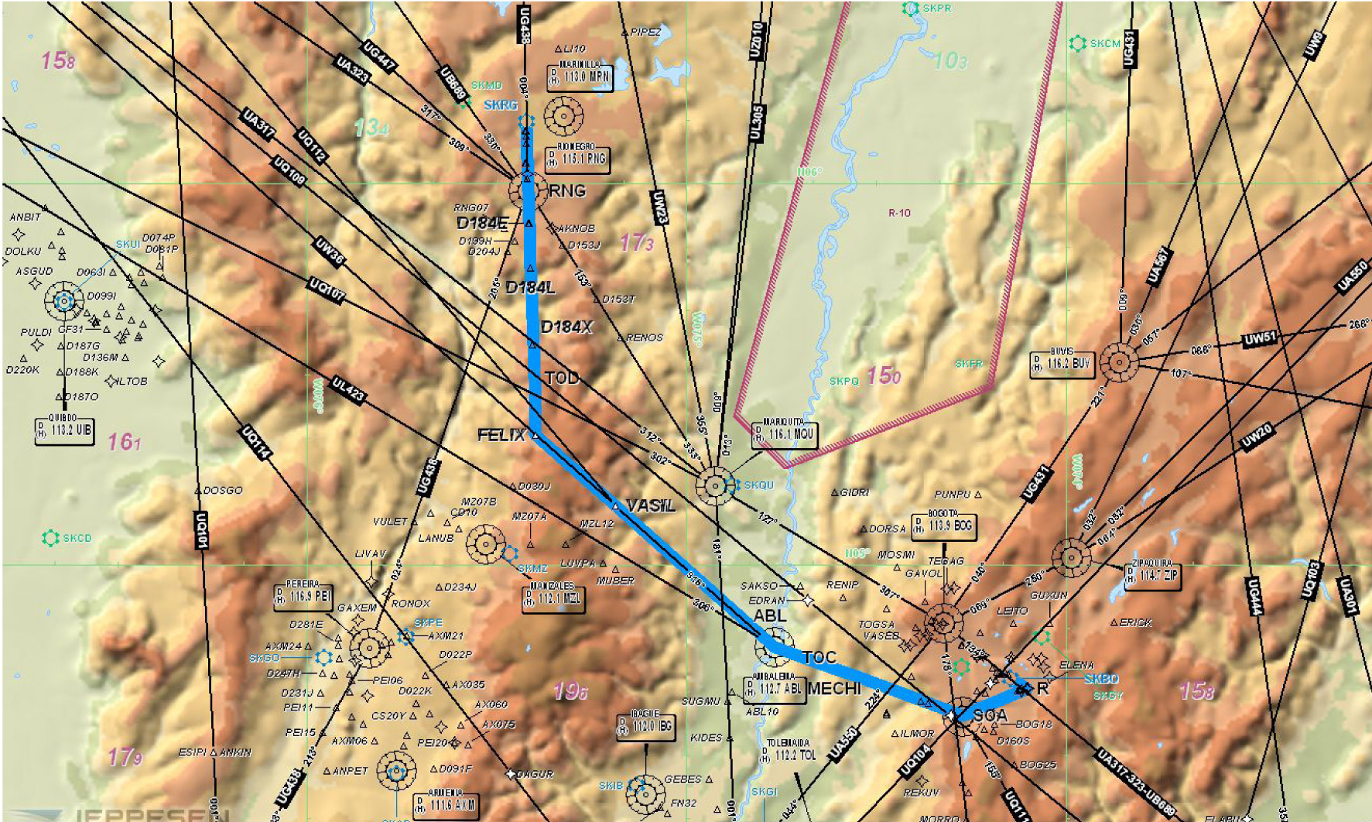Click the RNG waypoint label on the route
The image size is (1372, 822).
tap(567, 191)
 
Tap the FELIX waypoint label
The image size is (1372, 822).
tap(501, 436)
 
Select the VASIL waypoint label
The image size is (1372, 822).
tap(651, 506)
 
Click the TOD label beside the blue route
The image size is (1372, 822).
tap(562, 378)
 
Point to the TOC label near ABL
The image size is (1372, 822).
tap(819, 659)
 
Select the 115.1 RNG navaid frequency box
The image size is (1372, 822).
tap(577, 159)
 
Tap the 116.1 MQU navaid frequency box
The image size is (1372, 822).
tap(785, 435)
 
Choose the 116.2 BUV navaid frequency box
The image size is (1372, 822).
tap(1062, 363)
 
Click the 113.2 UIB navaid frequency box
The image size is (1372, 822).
tap(65, 430)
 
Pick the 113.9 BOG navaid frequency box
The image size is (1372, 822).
tap(943, 526)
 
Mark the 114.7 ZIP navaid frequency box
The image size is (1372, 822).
tap(1152, 576)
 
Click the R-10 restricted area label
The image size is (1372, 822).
tap(899, 213)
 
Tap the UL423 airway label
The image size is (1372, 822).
tap(347, 390)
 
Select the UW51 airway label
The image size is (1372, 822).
tap(1259, 338)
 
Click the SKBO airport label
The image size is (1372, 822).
tap(1100, 679)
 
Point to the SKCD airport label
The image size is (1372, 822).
tap(77, 538)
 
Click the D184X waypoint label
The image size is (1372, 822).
tap(566, 327)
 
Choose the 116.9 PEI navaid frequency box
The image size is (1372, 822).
tap(303, 597)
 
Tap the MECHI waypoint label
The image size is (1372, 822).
tap(834, 688)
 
